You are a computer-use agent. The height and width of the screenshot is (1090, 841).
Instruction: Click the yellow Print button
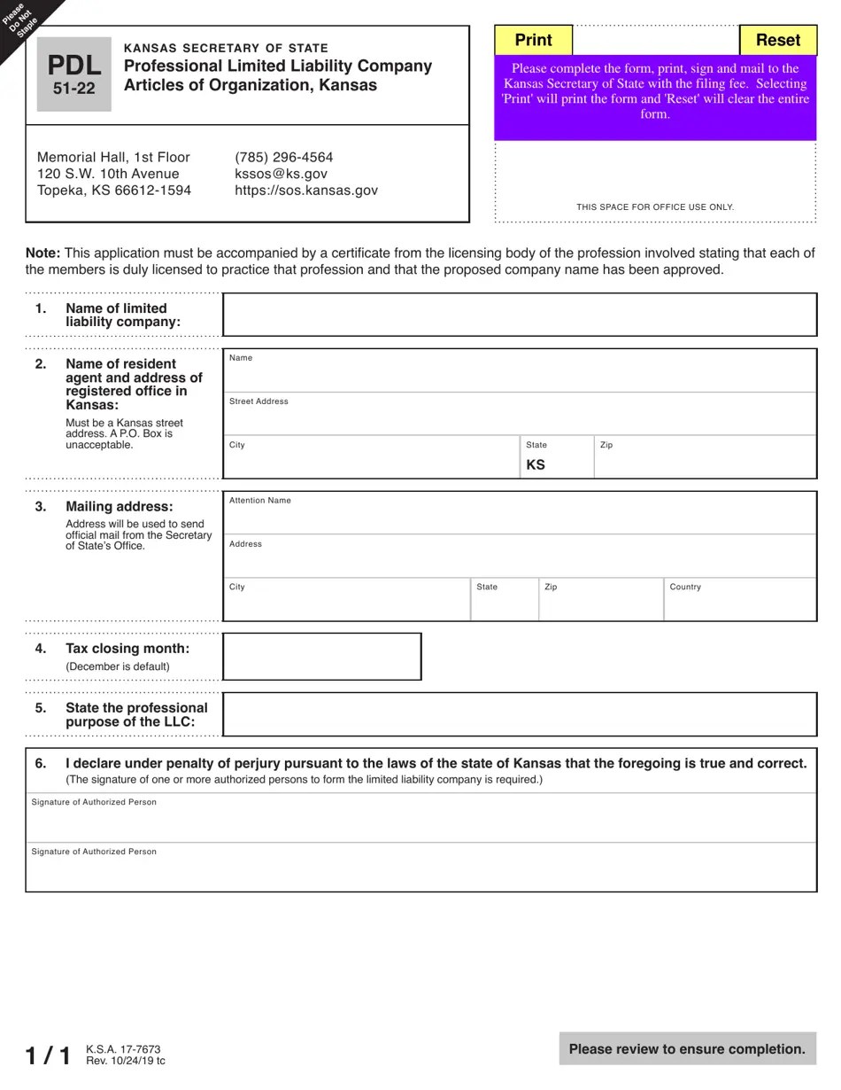pos(533,40)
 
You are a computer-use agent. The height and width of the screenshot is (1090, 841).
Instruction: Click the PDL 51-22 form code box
pos(73,74)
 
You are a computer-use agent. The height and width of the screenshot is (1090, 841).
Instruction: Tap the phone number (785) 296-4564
pos(283,157)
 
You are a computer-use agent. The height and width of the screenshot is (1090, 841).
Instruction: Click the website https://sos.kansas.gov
pos(305,191)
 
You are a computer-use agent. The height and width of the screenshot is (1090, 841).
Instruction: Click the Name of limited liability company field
pos(519,315)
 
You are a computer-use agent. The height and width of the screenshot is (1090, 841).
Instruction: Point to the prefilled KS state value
pos(536,464)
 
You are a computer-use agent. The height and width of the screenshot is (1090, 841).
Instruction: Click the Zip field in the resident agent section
pos(704,462)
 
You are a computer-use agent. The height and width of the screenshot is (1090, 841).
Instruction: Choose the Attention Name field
pos(519,518)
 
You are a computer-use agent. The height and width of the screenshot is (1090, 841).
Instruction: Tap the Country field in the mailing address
pos(739,604)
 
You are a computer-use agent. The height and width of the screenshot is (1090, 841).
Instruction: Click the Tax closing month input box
pos(321,657)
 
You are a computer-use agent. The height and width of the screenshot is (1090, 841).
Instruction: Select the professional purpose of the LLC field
pos(519,714)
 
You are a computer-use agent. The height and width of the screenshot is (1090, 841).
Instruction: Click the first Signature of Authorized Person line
pos(420,822)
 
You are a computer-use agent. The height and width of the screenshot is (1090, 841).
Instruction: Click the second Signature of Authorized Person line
pos(420,872)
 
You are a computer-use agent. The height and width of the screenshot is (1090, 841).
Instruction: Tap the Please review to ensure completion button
pos(687,1049)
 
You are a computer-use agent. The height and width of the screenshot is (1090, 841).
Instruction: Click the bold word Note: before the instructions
pos(42,253)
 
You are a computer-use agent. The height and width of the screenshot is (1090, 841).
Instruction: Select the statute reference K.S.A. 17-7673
pos(123,1049)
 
